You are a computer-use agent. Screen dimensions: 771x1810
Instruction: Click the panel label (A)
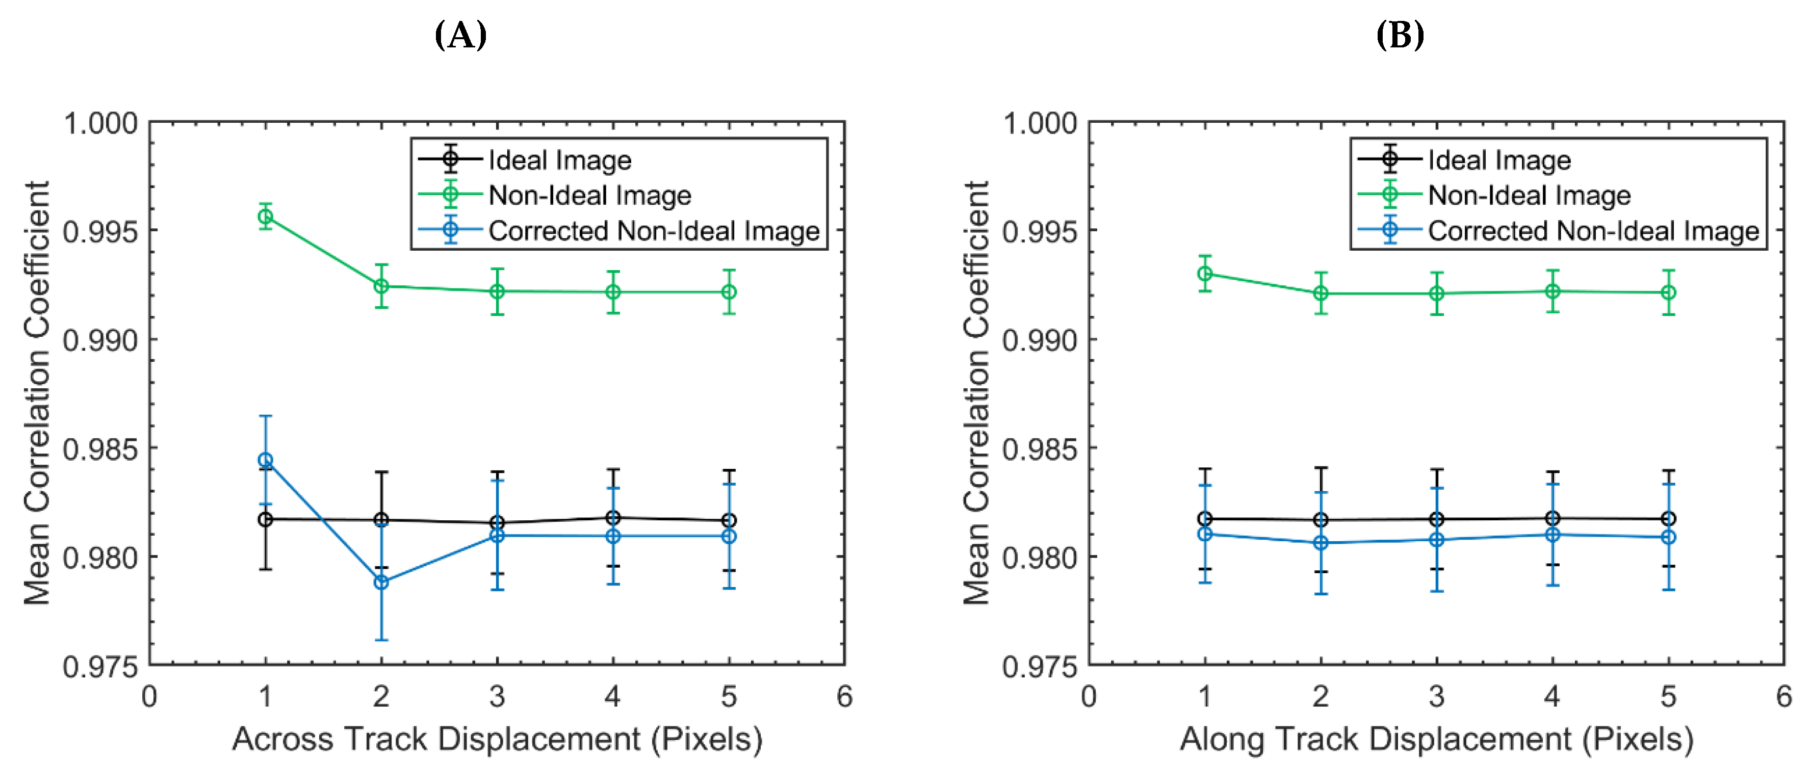coord(460,35)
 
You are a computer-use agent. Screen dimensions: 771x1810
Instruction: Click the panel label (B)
coord(1400,35)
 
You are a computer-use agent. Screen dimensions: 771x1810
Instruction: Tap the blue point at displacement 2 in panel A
coord(381,582)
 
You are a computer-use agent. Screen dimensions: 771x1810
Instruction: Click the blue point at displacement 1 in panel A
coord(266,460)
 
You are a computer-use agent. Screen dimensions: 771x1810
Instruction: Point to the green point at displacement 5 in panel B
coord(1668,292)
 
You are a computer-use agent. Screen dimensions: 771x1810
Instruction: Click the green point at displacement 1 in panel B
coord(1205,273)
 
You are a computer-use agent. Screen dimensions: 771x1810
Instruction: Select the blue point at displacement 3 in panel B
coord(1437,539)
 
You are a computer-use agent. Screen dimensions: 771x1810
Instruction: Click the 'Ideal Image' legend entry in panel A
coord(559,160)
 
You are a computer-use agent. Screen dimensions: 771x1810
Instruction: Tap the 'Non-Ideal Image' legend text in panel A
coord(589,195)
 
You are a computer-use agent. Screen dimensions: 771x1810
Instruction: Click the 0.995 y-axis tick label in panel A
coord(100,231)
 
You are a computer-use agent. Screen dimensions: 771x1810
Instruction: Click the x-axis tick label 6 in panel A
coord(844,697)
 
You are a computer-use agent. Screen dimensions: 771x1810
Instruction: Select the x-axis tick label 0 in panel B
coord(1089,697)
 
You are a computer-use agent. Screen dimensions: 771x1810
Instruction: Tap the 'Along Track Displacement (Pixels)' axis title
coord(1436,739)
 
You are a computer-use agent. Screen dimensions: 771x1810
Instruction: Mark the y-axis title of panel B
coord(977,393)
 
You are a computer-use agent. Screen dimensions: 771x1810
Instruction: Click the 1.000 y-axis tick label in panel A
coord(100,124)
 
